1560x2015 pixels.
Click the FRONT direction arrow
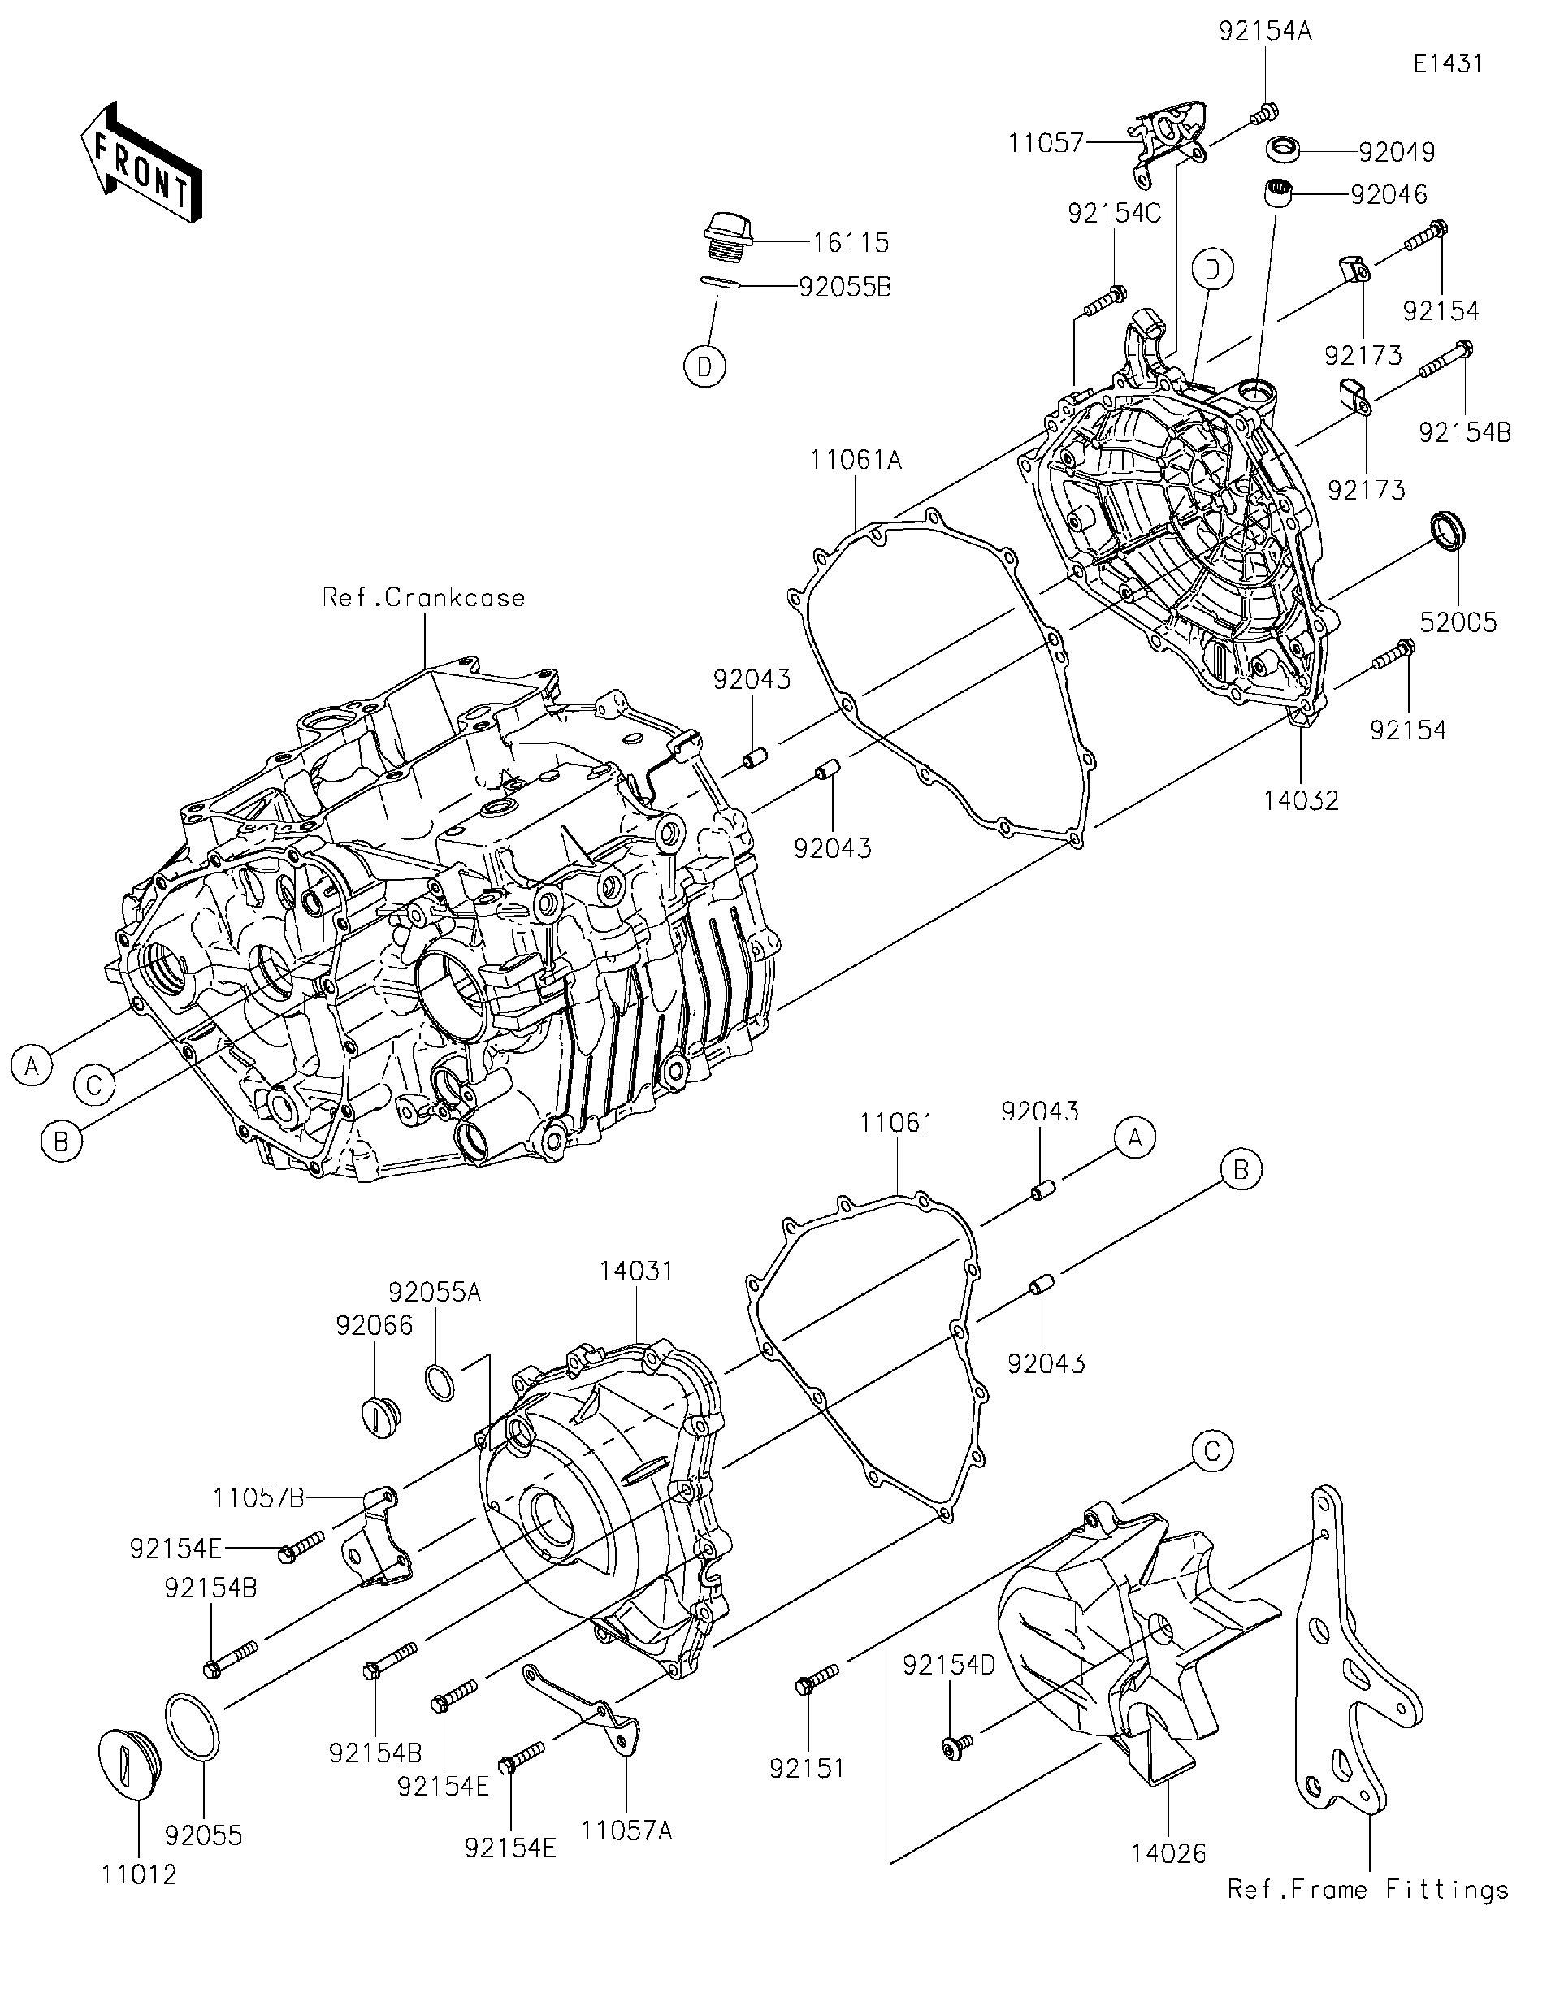coord(141,163)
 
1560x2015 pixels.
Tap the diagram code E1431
coord(1447,63)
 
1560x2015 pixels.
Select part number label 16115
coord(851,243)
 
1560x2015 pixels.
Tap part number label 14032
coord(1301,801)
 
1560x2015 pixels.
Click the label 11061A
coord(856,459)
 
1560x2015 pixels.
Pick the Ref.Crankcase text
coord(423,598)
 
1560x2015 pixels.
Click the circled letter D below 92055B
coord(704,368)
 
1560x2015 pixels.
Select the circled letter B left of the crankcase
coord(61,1142)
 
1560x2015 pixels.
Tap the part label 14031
coord(636,1271)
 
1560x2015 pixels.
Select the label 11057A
coord(626,1830)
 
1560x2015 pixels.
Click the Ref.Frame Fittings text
coord(1368,1890)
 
